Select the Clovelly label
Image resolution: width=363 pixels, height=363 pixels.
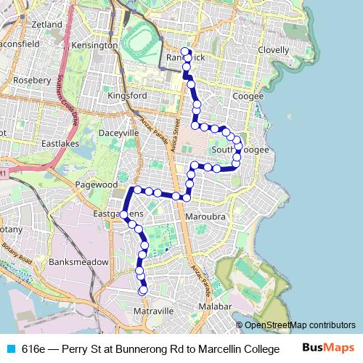click(x=274, y=50)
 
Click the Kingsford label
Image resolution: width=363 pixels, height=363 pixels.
click(x=127, y=96)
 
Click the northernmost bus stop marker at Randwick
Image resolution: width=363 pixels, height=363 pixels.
click(x=184, y=52)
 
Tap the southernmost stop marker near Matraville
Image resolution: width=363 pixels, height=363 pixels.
click(x=143, y=290)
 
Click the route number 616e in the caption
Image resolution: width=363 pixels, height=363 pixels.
click(x=33, y=348)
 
